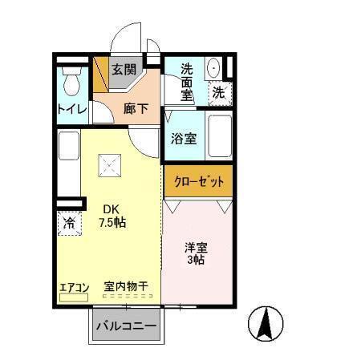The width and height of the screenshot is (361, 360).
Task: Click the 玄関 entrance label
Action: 124,69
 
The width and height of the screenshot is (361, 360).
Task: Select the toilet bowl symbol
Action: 70,81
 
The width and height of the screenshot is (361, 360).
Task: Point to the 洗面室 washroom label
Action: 187,82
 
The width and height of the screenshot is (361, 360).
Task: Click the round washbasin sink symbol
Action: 214,69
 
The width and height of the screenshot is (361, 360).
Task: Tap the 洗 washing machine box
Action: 218,93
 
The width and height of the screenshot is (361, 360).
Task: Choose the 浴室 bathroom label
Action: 184,137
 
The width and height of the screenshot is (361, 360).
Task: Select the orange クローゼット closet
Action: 199,180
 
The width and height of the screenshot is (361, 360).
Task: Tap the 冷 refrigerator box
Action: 70,224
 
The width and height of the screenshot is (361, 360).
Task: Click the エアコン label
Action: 73,286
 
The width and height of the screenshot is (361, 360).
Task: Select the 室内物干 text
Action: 127,286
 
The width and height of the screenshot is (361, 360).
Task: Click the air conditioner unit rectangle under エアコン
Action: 73,297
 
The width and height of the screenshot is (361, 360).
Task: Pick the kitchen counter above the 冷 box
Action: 69,164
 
